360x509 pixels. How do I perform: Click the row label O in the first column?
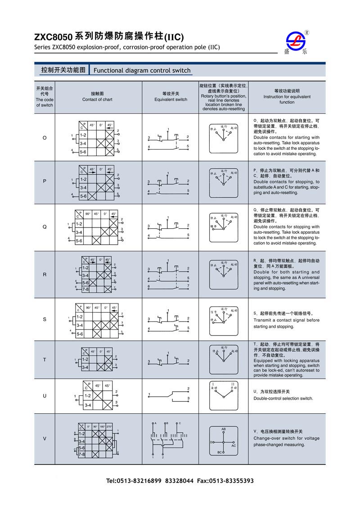coord(44,138)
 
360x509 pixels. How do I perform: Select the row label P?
coord(44,181)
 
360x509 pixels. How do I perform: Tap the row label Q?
coord(44,227)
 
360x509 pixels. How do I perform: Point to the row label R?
coord(44,274)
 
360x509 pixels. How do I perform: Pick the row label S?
coord(44,319)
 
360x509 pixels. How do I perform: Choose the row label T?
coord(44,360)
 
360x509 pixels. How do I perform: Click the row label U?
coord(44,396)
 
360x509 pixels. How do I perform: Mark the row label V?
coord(44,438)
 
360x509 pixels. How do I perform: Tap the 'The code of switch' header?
coord(44,97)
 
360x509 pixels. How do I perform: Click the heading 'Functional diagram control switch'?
coord(142,71)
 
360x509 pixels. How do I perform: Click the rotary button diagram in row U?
coord(224,393)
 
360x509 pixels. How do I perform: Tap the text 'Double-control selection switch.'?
coord(283,398)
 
